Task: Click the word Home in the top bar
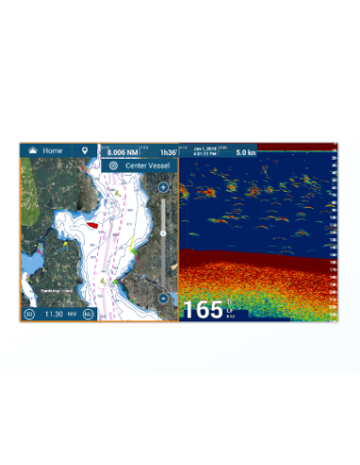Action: coord(53,150)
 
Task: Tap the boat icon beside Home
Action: coord(31,150)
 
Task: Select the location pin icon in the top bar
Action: coord(85,150)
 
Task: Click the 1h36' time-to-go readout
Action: coord(167,152)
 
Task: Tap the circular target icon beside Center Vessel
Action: coord(114,165)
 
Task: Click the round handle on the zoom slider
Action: coord(163,232)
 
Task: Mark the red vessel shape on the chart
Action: coord(92,225)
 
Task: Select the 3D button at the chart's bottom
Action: coord(29,314)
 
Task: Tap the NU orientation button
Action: coord(88,314)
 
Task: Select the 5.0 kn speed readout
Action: coord(245,152)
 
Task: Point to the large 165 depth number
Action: coord(201,309)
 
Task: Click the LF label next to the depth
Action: coord(229,304)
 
